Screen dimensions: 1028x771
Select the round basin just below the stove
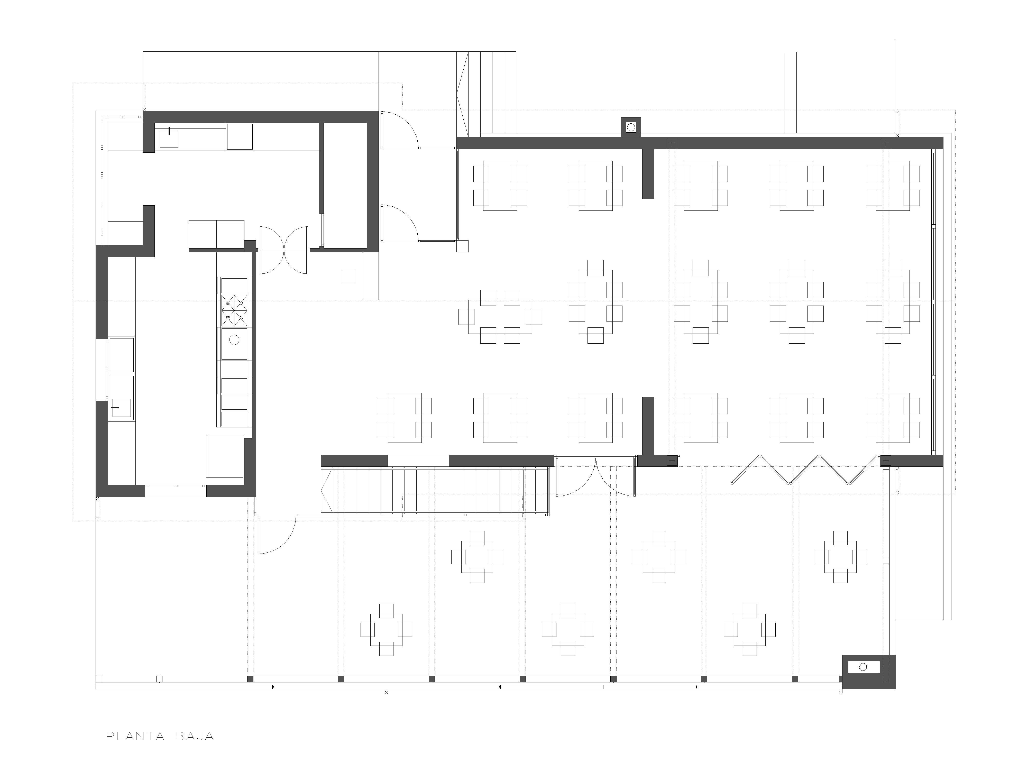[x=234, y=340]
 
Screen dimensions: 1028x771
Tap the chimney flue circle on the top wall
[x=631, y=126]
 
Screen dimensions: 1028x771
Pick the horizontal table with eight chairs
[x=500, y=316]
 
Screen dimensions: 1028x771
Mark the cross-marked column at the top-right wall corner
[x=886, y=143]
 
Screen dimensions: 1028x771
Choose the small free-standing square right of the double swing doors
[x=349, y=276]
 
